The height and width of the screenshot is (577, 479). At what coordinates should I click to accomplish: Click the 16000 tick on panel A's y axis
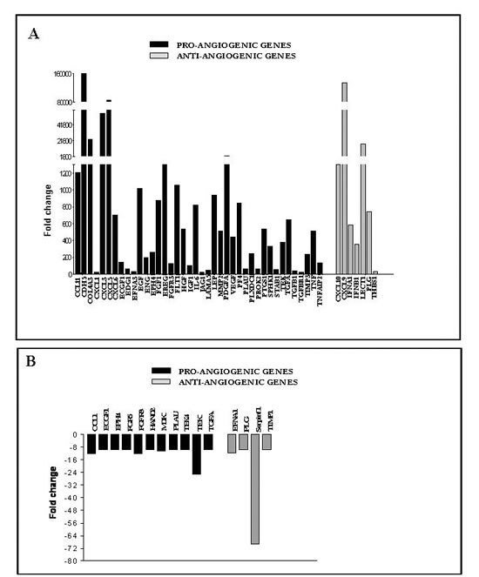(58, 75)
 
